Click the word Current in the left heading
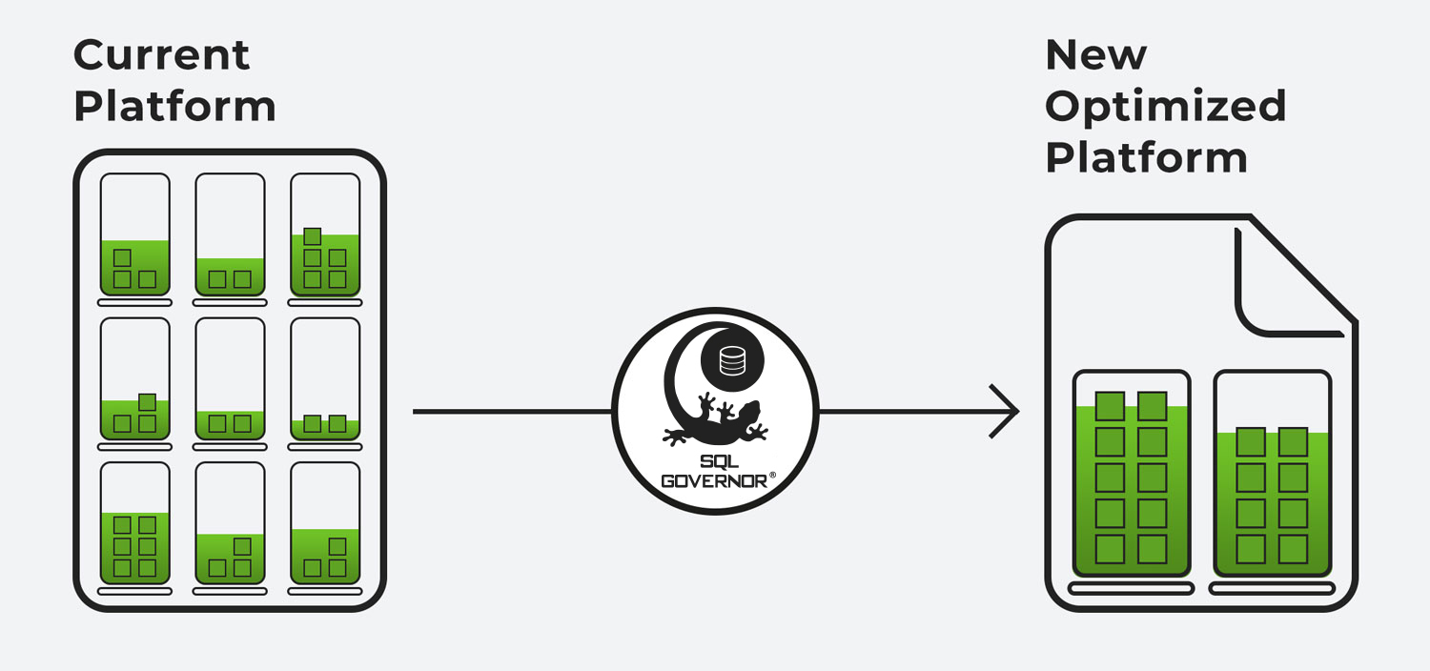point(161,54)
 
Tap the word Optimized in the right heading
point(1165,105)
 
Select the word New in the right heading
point(1095,55)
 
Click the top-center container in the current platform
point(230,234)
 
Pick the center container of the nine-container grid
point(230,378)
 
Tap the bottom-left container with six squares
point(134,523)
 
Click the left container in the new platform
point(1132,474)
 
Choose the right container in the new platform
point(1272,474)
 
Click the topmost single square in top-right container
point(312,236)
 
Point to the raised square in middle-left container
point(147,402)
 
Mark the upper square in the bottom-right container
point(337,546)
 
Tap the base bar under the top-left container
point(134,302)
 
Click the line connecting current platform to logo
point(511,412)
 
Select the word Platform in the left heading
point(174,106)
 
